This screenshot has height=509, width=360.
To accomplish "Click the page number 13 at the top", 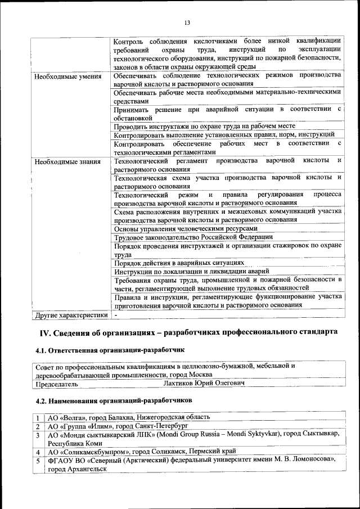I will tap(188, 22).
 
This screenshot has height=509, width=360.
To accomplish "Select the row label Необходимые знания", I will tap(67, 162).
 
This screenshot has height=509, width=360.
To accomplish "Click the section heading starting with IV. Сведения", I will tap(188, 332).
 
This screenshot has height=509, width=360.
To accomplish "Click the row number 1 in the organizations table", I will tap(37, 417).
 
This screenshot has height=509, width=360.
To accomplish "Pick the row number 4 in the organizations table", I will tap(37, 452).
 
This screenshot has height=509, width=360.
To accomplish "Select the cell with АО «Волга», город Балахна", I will tap(129, 417).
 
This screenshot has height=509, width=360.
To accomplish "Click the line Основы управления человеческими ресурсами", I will tap(186, 229).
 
